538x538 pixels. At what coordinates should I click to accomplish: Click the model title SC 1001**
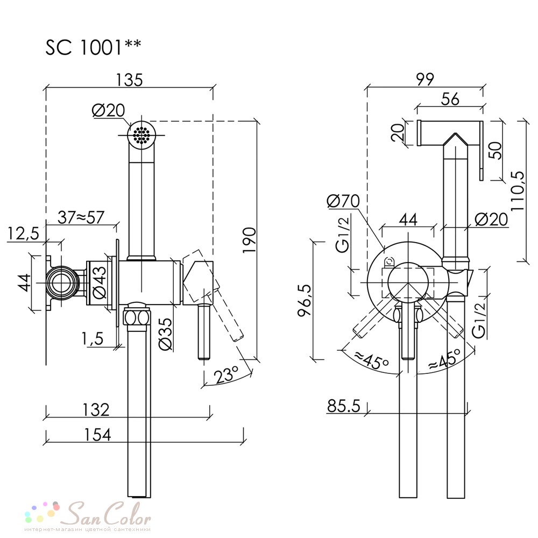pyautogui.click(x=93, y=47)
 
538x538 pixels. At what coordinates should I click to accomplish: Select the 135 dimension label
pyautogui.click(x=129, y=80)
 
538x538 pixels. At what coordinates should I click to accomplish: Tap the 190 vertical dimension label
pyautogui.click(x=250, y=240)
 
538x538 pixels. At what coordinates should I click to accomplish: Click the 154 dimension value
pyautogui.click(x=97, y=435)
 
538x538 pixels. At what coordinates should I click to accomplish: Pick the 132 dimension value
pyautogui.click(x=96, y=409)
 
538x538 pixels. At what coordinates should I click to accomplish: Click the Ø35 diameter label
pyautogui.click(x=166, y=334)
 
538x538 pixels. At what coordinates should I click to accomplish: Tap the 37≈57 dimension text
pyautogui.click(x=81, y=217)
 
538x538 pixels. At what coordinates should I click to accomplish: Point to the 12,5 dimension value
pyautogui.click(x=23, y=234)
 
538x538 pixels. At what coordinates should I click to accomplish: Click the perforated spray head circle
pyautogui.click(x=141, y=135)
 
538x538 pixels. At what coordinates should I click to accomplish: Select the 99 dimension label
pyautogui.click(x=425, y=79)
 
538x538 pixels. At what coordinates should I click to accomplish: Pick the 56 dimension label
pyautogui.click(x=450, y=99)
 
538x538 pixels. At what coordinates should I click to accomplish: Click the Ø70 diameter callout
pyautogui.click(x=343, y=201)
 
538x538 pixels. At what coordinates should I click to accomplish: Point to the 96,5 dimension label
pyautogui.click(x=305, y=300)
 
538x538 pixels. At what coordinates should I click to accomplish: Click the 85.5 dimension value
pyautogui.click(x=343, y=406)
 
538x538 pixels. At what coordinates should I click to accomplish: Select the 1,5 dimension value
pyautogui.click(x=93, y=338)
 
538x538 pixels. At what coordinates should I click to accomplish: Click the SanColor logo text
pyautogui.click(x=109, y=514)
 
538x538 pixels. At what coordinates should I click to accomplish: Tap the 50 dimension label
pyautogui.click(x=496, y=150)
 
